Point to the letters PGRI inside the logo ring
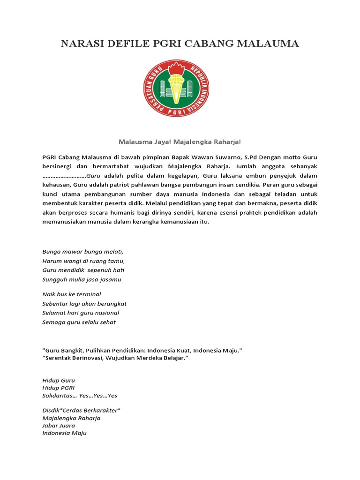(x=180, y=112)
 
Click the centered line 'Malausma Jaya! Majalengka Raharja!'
(x=180, y=141)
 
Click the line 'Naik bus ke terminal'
(x=72, y=294)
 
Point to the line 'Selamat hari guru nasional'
(x=81, y=313)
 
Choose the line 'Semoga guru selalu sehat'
(x=79, y=322)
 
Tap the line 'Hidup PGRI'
(x=58, y=388)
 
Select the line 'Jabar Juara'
(x=59, y=426)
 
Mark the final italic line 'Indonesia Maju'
(x=64, y=433)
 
